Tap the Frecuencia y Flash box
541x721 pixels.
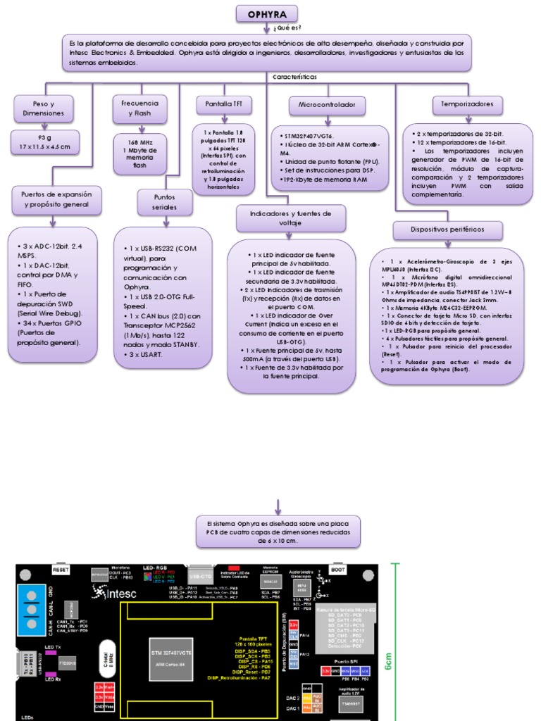pyautogui.click(x=139, y=108)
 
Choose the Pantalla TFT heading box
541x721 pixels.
pyautogui.click(x=223, y=104)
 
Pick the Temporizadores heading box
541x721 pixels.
pyautogui.click(x=467, y=104)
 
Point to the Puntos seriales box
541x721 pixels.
pyautogui.click(x=164, y=203)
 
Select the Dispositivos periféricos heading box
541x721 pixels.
pyautogui.click(x=447, y=230)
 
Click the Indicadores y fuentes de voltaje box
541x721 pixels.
pyautogui.click(x=290, y=218)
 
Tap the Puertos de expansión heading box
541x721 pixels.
pyautogui.click(x=57, y=199)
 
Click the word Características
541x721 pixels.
pyautogui.click(x=294, y=76)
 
